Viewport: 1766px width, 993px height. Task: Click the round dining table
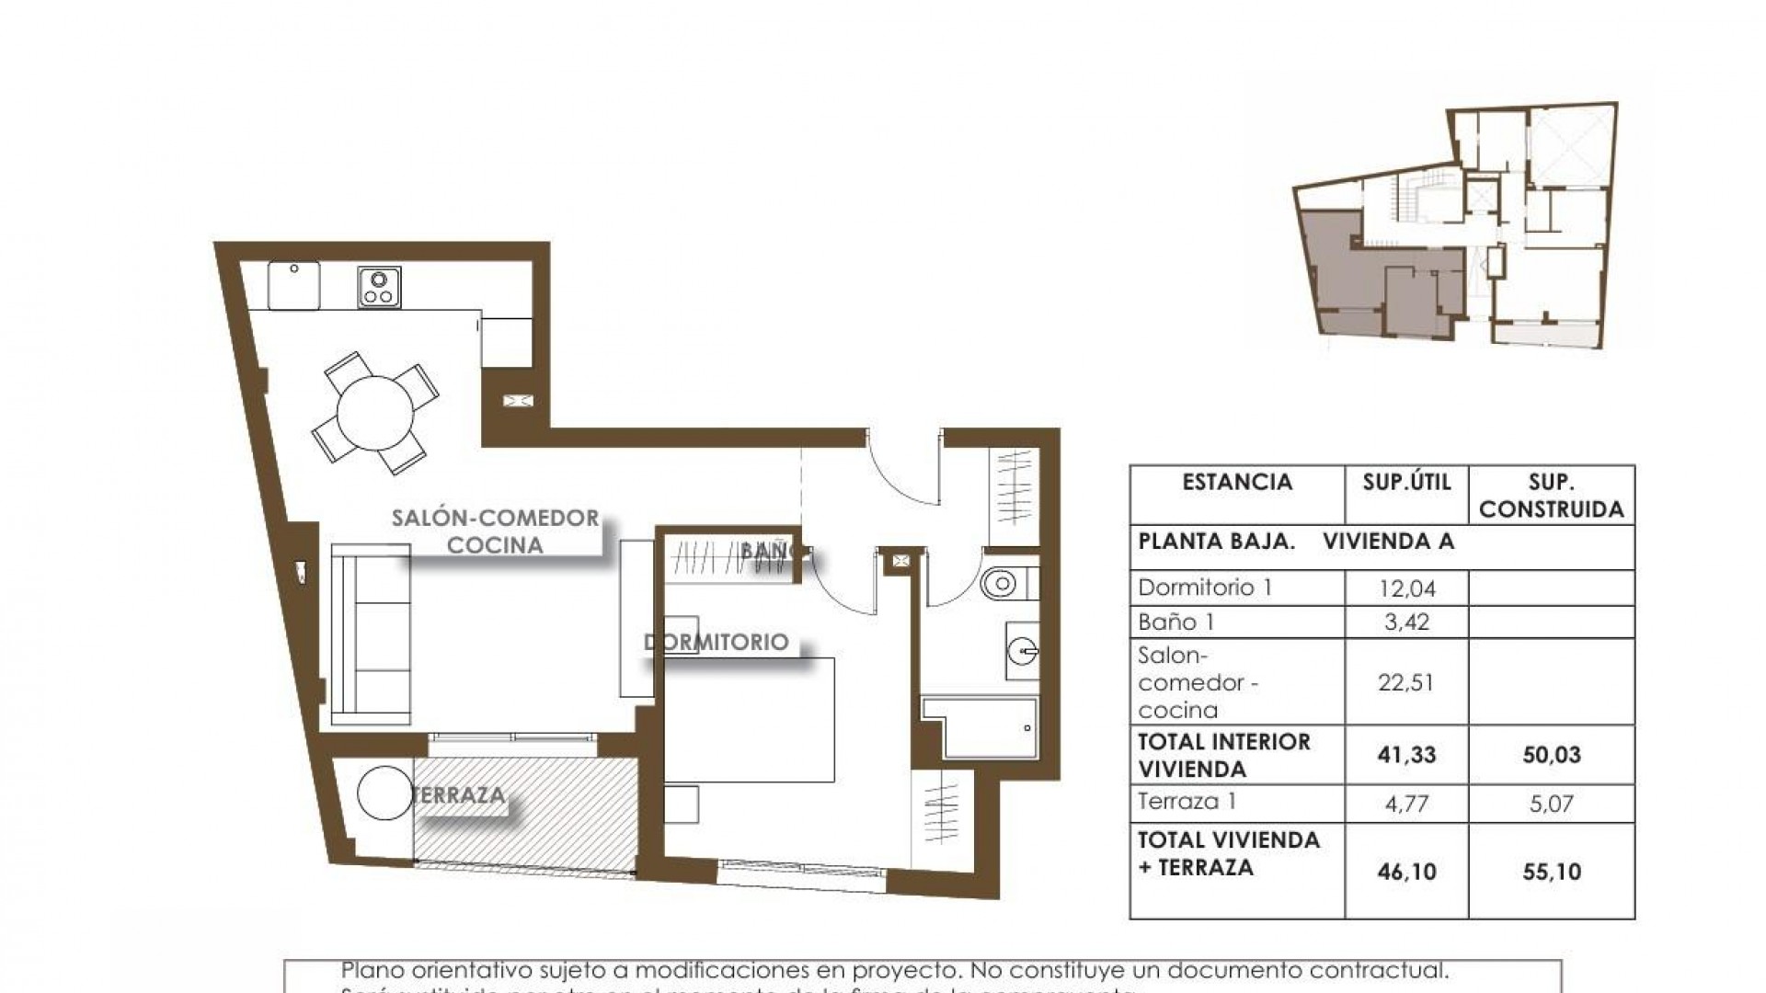(x=374, y=413)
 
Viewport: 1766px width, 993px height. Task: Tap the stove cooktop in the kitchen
(x=379, y=287)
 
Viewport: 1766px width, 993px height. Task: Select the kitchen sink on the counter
(x=294, y=285)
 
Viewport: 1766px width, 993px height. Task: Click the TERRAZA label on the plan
(x=459, y=794)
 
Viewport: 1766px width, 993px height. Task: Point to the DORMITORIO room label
(x=717, y=642)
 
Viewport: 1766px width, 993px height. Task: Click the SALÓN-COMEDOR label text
(x=495, y=518)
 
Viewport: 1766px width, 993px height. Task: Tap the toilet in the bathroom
(x=1001, y=583)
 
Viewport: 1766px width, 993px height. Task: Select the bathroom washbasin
(x=1022, y=651)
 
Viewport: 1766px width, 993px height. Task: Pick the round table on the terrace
(x=384, y=793)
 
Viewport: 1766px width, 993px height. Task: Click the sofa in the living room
(x=371, y=635)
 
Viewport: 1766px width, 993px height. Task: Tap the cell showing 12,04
(x=1406, y=588)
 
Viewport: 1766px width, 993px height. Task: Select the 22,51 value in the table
(x=1406, y=683)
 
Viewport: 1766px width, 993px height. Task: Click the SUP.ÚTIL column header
(x=1406, y=483)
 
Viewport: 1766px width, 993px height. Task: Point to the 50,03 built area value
(x=1551, y=756)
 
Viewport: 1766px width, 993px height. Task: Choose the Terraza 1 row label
(x=1187, y=802)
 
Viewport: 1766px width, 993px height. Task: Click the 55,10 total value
(x=1551, y=872)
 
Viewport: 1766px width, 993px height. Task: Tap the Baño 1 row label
(x=1176, y=622)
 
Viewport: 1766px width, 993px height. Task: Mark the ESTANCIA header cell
(x=1237, y=483)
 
